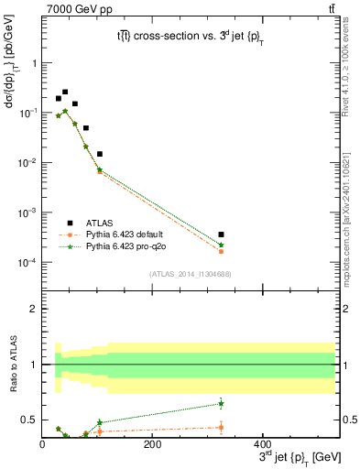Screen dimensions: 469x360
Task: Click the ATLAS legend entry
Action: tap(98, 223)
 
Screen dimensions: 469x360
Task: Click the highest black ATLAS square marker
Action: tap(65, 92)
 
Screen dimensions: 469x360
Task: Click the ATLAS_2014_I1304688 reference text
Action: tap(189, 273)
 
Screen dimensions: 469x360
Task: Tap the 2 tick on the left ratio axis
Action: tap(34, 309)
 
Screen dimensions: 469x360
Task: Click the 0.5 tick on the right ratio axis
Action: tap(348, 420)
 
